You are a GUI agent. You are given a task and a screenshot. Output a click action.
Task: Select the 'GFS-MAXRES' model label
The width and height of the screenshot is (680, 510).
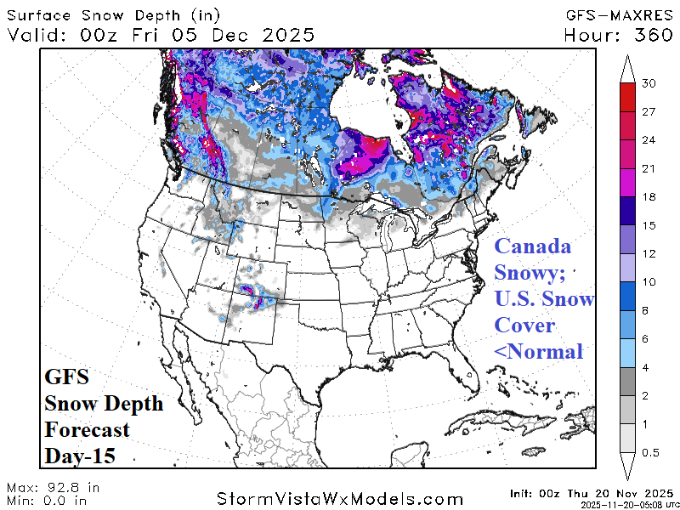pyautogui.click(x=618, y=14)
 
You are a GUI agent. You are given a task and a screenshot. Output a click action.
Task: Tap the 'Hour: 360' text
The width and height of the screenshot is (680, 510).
pyautogui.click(x=618, y=35)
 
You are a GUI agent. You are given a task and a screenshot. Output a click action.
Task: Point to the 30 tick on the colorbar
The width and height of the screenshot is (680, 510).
pyautogui.click(x=650, y=83)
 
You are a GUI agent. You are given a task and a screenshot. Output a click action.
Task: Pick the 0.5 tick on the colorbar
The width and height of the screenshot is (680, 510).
pyautogui.click(x=650, y=453)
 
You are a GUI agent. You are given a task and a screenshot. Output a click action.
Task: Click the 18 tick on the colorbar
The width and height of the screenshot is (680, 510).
pyautogui.click(x=650, y=197)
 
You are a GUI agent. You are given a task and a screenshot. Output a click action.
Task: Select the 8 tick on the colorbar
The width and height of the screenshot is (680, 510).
pyautogui.click(x=650, y=310)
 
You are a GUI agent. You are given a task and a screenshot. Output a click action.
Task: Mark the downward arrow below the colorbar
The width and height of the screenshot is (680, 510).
pyautogui.click(x=628, y=467)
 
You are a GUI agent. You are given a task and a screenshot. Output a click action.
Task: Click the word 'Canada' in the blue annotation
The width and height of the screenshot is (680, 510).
pyautogui.click(x=533, y=246)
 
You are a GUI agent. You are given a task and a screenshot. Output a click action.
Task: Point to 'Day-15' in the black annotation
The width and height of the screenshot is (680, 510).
pyautogui.click(x=80, y=456)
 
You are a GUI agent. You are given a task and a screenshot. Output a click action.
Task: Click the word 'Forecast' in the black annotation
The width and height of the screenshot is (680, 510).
pyautogui.click(x=88, y=429)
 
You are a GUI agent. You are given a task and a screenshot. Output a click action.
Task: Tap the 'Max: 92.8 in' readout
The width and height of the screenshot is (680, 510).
pyautogui.click(x=54, y=488)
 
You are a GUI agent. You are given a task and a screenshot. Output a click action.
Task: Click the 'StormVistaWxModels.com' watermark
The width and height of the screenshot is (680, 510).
pyautogui.click(x=340, y=497)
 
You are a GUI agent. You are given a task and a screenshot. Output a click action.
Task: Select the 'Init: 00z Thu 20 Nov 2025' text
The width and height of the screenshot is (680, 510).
pyautogui.click(x=592, y=492)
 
